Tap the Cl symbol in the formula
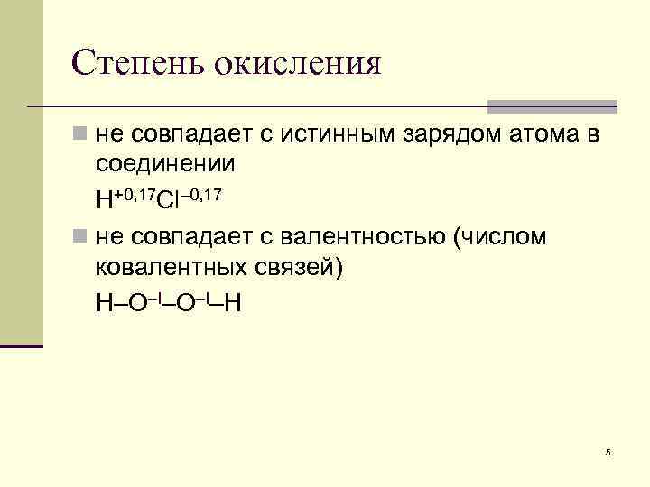click(167, 198)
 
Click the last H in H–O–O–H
click(232, 302)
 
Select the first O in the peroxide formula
click(138, 302)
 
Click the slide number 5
click(608, 452)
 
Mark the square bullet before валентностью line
click(80, 238)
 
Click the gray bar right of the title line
click(553, 106)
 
